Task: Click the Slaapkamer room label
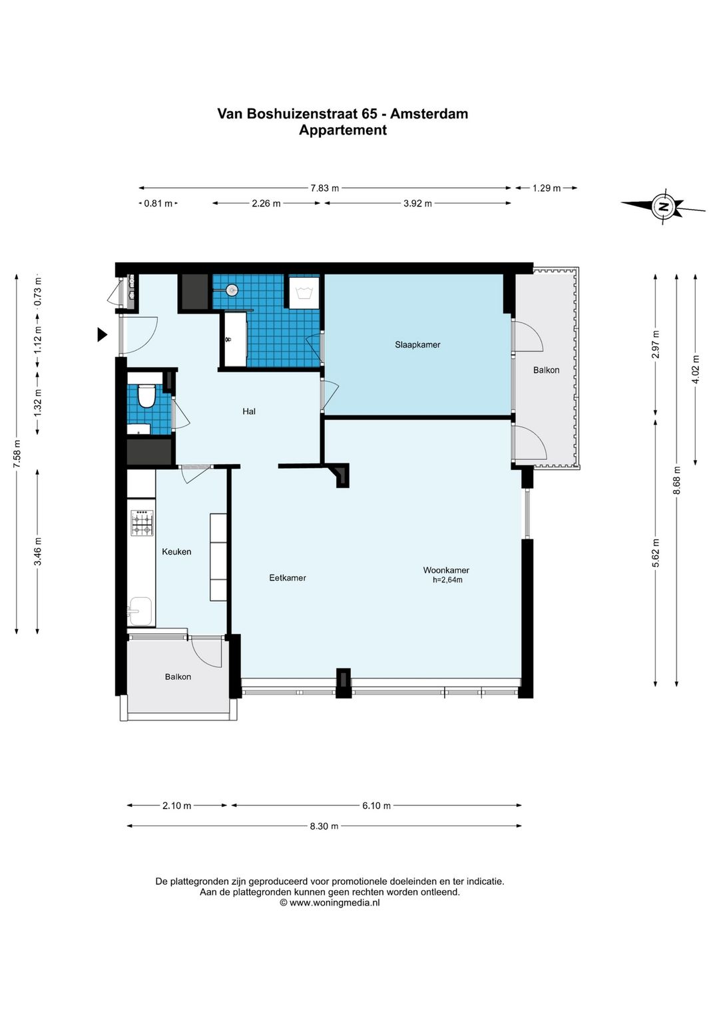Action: point(417,345)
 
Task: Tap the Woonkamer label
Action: point(446,570)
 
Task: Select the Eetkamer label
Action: point(288,578)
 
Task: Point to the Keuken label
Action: point(176,551)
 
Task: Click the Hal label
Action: point(249,411)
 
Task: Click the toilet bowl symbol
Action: point(146,395)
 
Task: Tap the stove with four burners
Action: point(142,523)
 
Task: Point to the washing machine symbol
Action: point(305,292)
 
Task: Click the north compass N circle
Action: point(663,207)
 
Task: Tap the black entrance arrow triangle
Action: point(102,335)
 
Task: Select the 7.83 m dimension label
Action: point(325,188)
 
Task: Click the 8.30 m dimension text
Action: point(324,826)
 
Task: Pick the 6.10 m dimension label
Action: point(377,806)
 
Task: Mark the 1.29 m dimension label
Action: point(547,188)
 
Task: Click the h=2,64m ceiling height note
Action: point(447,580)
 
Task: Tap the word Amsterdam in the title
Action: point(429,113)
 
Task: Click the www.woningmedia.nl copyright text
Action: point(330,902)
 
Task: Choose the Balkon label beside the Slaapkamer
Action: point(546,370)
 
